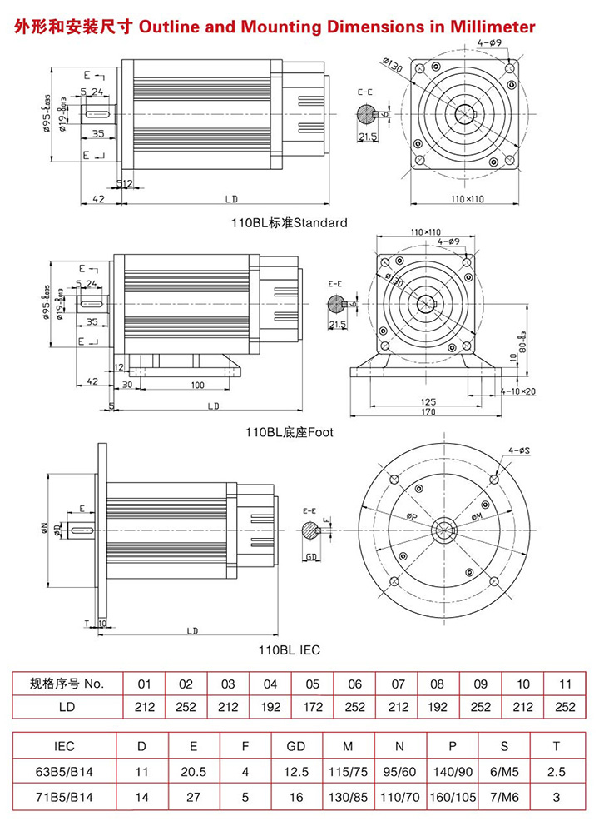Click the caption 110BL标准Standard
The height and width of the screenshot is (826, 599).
tap(289, 223)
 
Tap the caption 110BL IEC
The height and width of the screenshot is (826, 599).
tap(289, 649)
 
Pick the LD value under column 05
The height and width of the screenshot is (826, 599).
tap(312, 707)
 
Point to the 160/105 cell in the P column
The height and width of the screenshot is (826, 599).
tap(453, 797)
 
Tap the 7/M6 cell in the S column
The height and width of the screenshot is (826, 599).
tap(506, 797)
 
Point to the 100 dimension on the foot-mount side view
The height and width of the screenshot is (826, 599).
tap(197, 386)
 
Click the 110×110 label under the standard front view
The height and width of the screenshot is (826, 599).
tap(468, 200)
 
